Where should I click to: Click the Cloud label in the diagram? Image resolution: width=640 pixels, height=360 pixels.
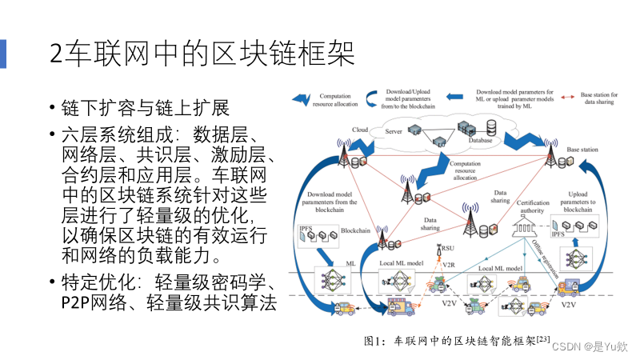359,130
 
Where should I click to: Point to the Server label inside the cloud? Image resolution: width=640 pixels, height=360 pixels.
393,131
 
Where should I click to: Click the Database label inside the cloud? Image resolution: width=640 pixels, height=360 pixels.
480,141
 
